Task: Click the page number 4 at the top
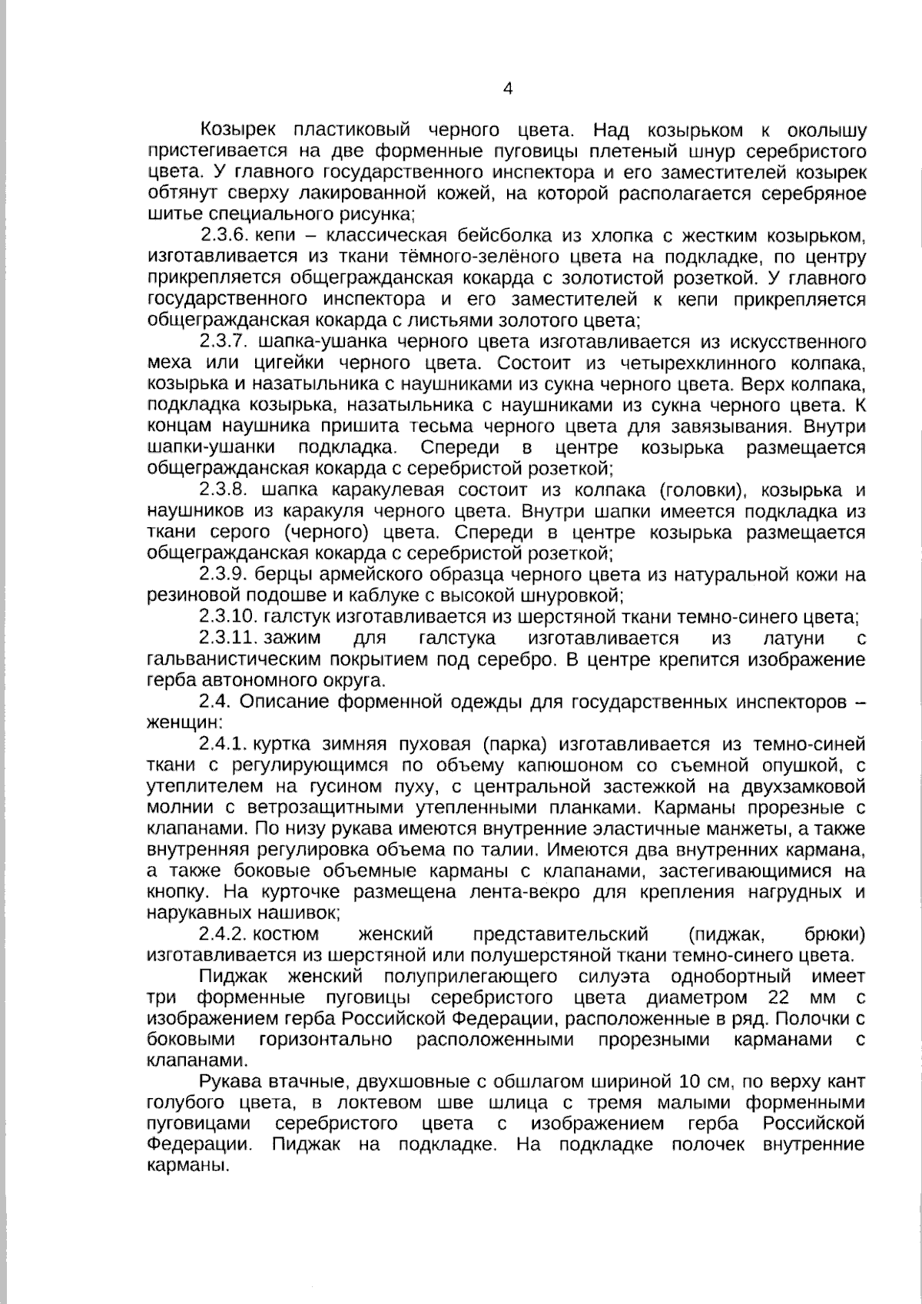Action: (507, 88)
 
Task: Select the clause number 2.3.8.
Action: (222, 490)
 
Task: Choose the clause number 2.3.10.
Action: (227, 617)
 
